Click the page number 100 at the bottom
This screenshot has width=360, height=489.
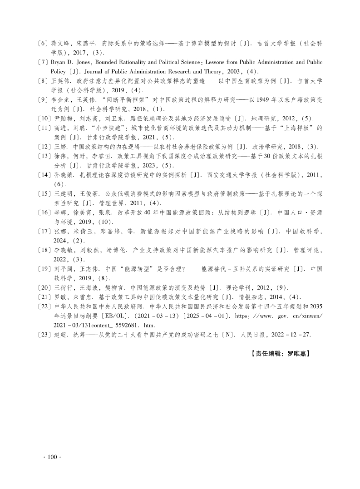point(54,457)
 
